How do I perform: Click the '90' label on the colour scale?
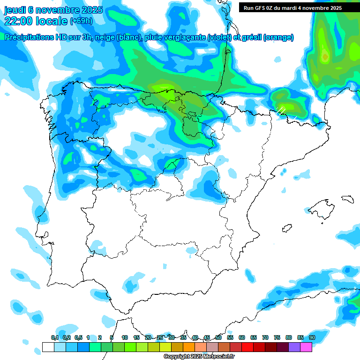312,337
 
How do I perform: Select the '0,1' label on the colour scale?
55,337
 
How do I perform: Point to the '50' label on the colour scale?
218,337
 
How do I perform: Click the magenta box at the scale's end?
306,347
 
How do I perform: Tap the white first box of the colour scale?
48,347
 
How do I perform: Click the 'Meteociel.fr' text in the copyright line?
217,357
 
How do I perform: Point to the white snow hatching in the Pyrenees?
281,111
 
